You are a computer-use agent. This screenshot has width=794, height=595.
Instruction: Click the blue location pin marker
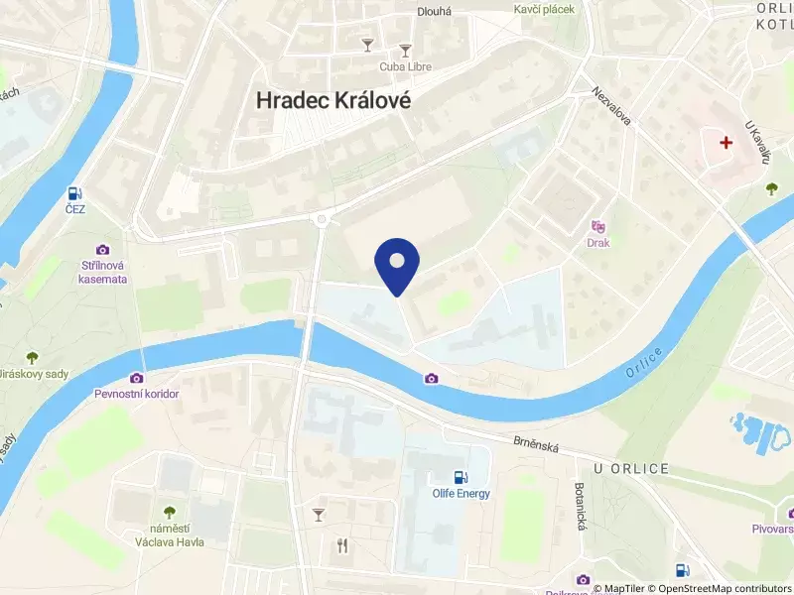[x=397, y=264]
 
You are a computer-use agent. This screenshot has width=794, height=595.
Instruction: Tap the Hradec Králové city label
[x=333, y=100]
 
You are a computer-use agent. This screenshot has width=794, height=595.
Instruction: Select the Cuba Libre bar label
[x=406, y=66]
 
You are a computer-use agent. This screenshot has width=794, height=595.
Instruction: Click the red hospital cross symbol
[x=727, y=143]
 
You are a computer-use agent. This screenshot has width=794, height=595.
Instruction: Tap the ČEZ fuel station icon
[x=75, y=193]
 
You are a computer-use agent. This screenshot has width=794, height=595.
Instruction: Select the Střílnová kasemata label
[x=103, y=272]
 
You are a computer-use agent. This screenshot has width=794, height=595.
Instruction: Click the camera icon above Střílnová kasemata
[x=103, y=250]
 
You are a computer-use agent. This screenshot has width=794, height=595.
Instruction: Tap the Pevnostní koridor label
[x=136, y=394]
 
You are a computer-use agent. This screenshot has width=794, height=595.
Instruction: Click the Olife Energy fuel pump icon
[x=460, y=478]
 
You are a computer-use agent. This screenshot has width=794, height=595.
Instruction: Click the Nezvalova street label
[x=611, y=103]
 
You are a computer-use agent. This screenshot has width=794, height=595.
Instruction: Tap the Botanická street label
[x=581, y=506]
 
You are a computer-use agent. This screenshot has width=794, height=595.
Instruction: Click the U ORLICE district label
[x=631, y=468]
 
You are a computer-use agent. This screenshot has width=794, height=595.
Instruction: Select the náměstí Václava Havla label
[x=170, y=535]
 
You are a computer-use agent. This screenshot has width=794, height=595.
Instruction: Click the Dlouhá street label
[x=435, y=12]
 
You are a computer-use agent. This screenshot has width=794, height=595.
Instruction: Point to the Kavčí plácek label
[x=544, y=9]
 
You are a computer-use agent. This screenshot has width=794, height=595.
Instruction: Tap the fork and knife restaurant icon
[x=342, y=544]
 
